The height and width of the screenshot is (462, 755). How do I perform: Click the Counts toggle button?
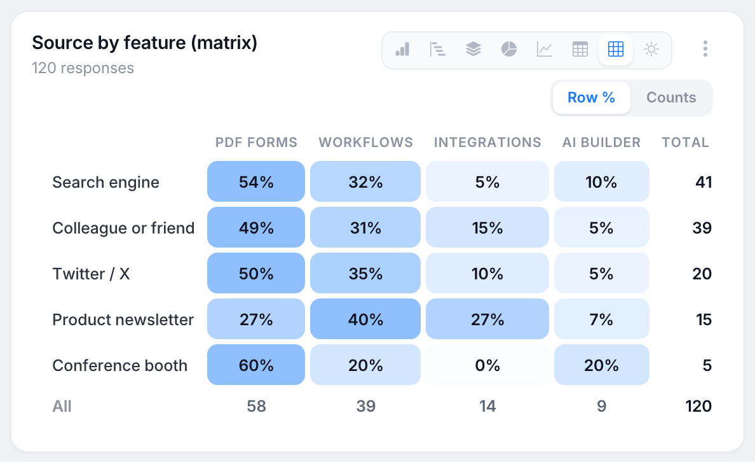tap(670, 97)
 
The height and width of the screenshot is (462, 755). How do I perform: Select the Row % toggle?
tap(591, 97)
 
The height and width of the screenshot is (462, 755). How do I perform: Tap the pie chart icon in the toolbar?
tap(509, 49)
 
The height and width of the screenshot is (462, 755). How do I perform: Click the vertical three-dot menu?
tap(705, 49)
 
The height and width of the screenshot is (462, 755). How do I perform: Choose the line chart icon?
tap(545, 49)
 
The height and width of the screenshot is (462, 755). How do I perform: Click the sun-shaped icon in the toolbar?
tap(651, 49)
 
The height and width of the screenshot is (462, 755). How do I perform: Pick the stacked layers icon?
tap(473, 49)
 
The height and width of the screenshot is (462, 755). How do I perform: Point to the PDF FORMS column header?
tap(256, 143)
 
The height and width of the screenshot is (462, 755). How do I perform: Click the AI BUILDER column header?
tap(601, 143)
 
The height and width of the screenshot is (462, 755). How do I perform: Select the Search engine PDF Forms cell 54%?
tap(256, 181)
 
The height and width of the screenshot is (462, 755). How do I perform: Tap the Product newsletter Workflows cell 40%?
tap(365, 319)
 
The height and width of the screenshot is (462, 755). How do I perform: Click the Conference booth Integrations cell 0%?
tap(487, 365)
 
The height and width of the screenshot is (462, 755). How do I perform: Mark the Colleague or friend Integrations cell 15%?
tap(487, 227)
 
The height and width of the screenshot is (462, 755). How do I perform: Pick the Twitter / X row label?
tap(91, 274)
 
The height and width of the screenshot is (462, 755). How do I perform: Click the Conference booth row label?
tap(120, 365)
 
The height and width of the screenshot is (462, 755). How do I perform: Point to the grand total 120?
tap(698, 406)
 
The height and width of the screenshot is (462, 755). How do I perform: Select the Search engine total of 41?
tap(704, 182)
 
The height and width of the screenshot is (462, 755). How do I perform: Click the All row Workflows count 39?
tap(365, 406)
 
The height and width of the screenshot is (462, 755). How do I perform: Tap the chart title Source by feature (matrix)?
tap(144, 43)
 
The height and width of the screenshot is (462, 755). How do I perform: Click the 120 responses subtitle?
tap(83, 68)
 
